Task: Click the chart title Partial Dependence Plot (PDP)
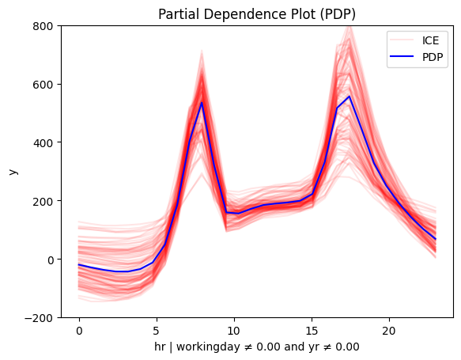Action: tap(257, 14)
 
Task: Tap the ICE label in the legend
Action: tap(430, 40)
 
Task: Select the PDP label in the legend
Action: tap(433, 57)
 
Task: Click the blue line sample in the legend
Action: tap(402, 56)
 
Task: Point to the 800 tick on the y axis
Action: tap(43, 26)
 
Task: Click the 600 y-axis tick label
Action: tap(43, 85)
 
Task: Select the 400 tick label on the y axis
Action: tap(43, 143)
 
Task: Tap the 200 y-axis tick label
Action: tap(43, 202)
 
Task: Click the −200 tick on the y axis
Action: tap(39, 318)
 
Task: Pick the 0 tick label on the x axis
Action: tap(79, 331)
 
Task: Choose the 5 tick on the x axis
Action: tap(157, 331)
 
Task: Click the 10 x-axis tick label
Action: tap(234, 331)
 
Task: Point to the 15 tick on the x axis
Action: tap(312, 331)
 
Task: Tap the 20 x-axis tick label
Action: tap(389, 331)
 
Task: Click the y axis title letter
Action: tap(13, 172)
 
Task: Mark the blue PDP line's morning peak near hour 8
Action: tap(202, 102)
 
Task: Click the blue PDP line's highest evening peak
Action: tap(349, 97)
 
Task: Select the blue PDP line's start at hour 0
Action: tap(79, 265)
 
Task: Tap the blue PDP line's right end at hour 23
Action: tap(436, 239)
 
